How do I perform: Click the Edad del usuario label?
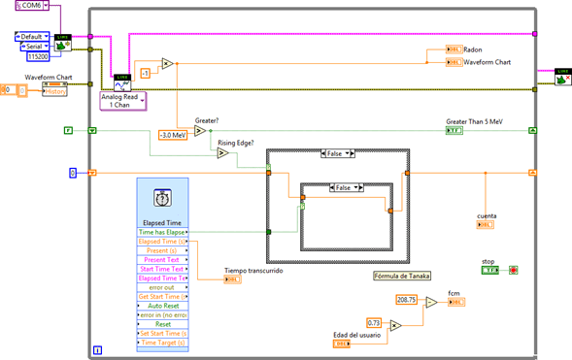(355, 335)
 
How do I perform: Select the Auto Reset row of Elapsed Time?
(163, 304)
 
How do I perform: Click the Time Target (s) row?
(163, 344)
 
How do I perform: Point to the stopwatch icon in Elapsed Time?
(162, 200)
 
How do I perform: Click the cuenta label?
(488, 215)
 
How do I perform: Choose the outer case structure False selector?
(340, 153)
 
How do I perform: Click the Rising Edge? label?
(237, 142)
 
